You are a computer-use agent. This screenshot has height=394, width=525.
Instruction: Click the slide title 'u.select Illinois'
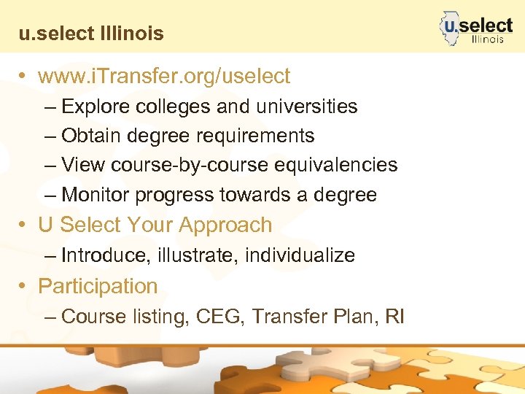point(92,34)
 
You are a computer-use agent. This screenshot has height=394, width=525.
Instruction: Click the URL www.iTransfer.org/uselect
point(164,76)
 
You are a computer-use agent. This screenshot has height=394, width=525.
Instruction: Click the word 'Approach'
point(227,225)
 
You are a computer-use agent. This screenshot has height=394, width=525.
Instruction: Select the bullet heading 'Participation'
point(98,286)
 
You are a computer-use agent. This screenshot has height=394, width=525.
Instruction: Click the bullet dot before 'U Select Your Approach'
point(25,225)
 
